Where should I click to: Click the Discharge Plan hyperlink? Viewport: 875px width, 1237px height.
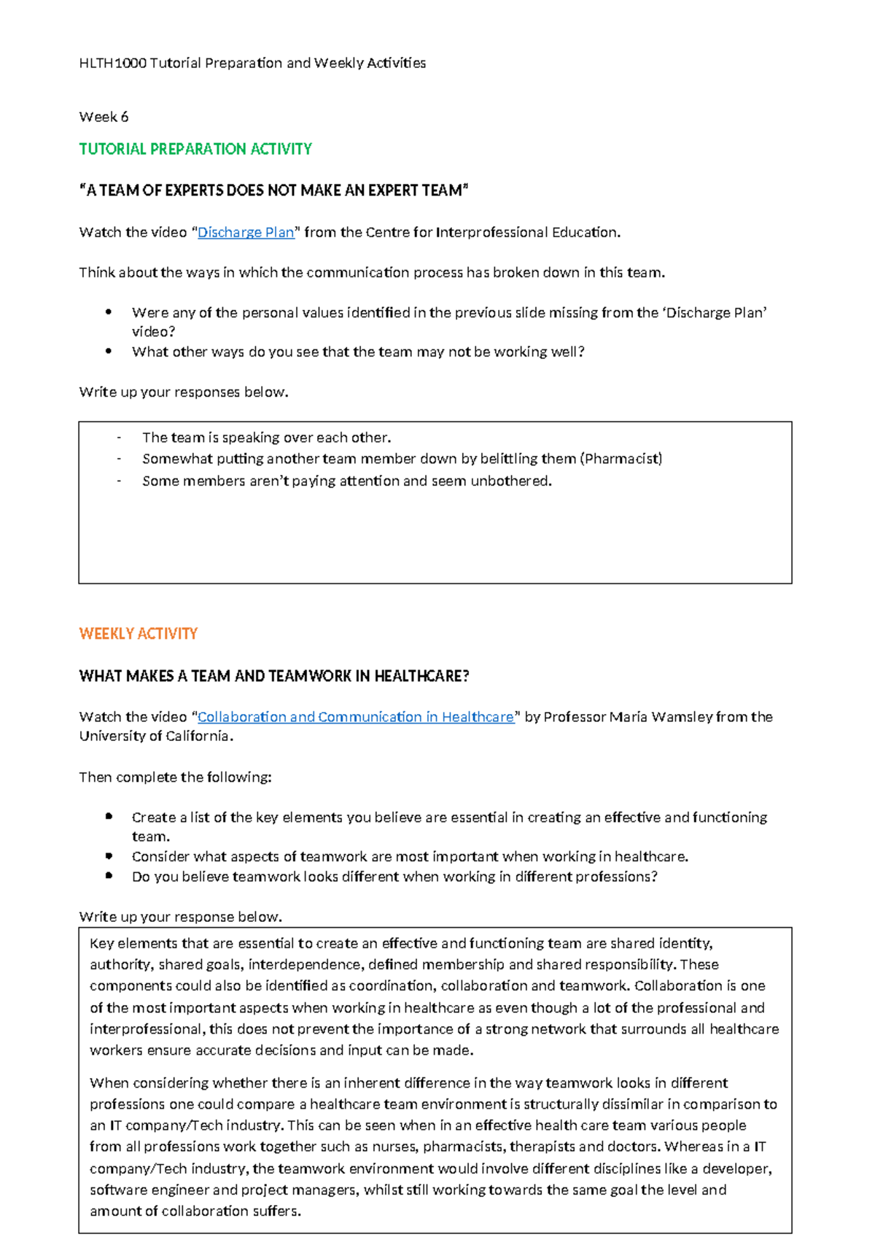click(x=246, y=232)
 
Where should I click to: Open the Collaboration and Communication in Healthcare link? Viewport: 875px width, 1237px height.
click(x=356, y=717)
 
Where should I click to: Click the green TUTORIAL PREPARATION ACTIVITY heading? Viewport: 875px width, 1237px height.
click(x=195, y=149)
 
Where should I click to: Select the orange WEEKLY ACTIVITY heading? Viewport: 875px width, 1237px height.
click(x=138, y=634)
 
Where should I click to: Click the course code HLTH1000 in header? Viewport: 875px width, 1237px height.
click(x=112, y=63)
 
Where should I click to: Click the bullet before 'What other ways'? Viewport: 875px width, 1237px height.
click(x=109, y=351)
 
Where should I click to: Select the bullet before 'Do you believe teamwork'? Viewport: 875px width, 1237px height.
click(x=109, y=875)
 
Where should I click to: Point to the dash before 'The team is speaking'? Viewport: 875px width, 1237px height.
click(x=119, y=438)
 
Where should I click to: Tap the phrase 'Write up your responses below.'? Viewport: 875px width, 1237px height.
click(x=183, y=392)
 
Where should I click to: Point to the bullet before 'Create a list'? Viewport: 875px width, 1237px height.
click(x=109, y=816)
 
